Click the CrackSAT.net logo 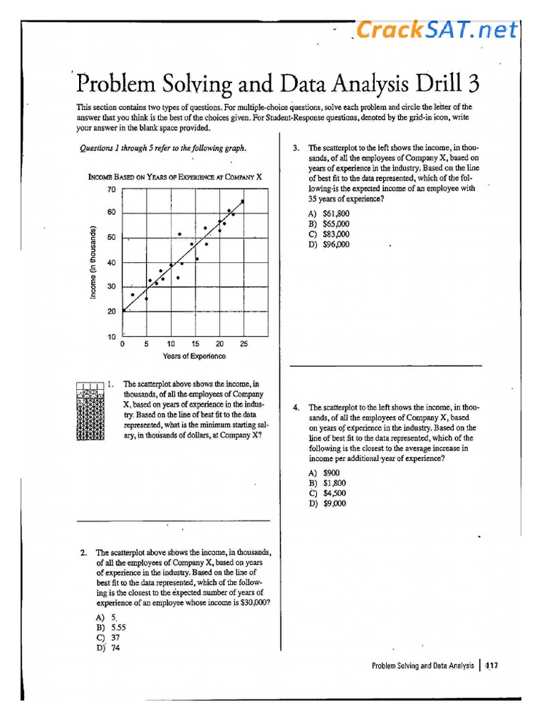[x=436, y=30]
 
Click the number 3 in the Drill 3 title [x=471, y=84]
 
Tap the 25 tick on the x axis [x=243, y=344]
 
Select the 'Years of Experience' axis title [x=194, y=356]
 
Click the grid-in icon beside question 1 [x=90, y=411]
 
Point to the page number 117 [x=492, y=666]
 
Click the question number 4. [x=296, y=408]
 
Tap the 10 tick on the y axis [x=112, y=336]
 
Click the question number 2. [x=83, y=553]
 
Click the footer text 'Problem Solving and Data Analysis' [x=423, y=666]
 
